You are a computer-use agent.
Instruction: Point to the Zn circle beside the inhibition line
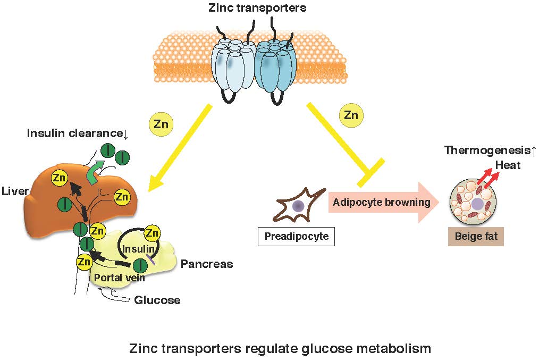pos(350,115)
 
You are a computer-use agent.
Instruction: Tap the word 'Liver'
pos(15,190)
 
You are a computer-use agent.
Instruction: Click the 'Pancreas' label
pos(207,264)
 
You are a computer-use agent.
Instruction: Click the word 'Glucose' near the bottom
pos(157,300)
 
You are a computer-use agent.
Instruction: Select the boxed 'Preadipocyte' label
pos(297,236)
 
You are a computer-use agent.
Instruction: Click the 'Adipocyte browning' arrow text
pos(381,203)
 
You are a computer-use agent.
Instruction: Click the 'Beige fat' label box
pos(476,236)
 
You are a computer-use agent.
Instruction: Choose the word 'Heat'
pos(508,165)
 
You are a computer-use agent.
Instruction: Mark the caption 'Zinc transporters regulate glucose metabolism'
pos(280,349)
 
